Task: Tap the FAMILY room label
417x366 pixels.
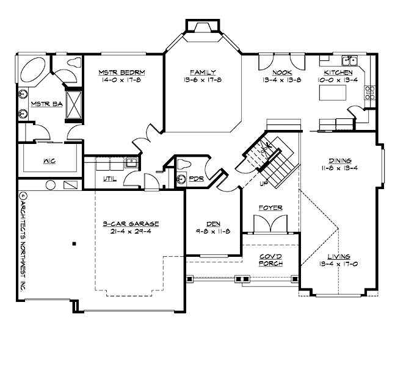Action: (x=202, y=72)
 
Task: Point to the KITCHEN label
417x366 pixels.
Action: (x=338, y=72)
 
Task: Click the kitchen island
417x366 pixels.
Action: (x=332, y=94)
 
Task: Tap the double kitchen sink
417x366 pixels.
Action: (x=350, y=60)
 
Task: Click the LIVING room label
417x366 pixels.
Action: (x=338, y=257)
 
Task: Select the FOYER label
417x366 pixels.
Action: (x=270, y=208)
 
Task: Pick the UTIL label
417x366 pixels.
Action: (x=109, y=179)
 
